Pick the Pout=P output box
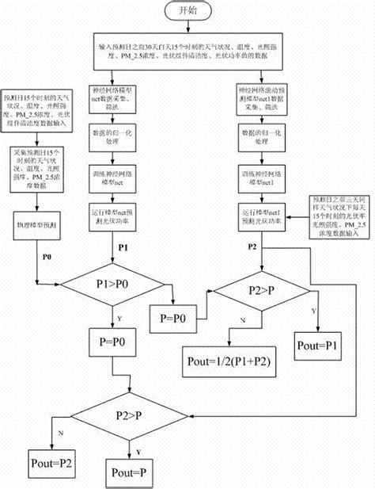click(x=131, y=473)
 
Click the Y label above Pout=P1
click(x=315, y=310)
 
